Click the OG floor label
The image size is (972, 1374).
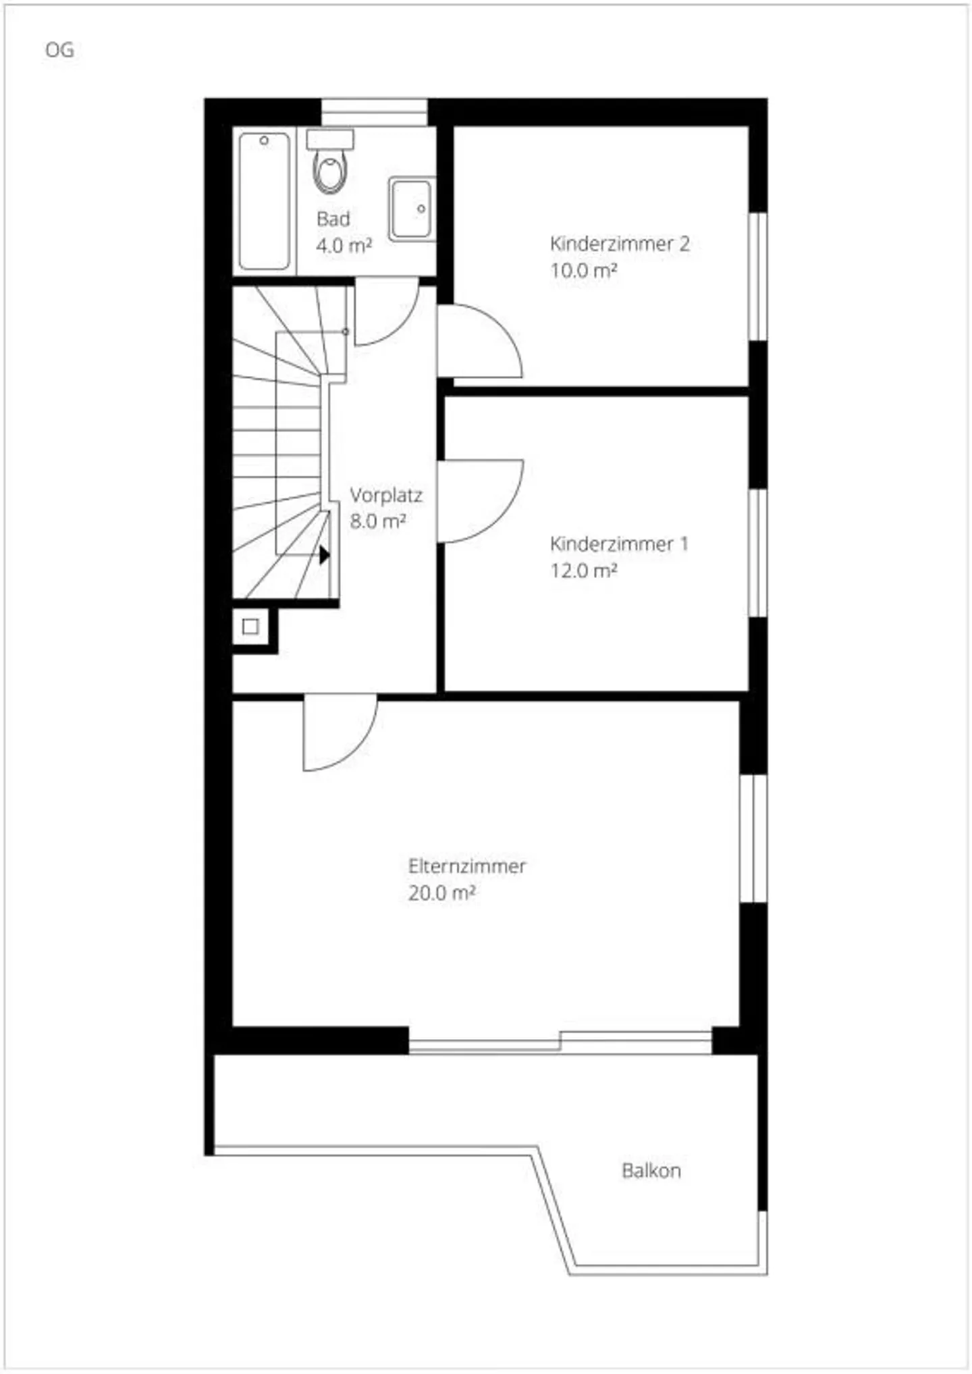coord(59,50)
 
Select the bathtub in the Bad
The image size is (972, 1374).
coord(265,201)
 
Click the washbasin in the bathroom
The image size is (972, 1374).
coord(411,208)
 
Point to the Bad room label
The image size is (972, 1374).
coord(333,219)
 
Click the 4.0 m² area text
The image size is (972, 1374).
coord(344,245)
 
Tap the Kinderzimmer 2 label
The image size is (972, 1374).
coord(620,244)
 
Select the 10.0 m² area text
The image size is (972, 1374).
coord(584,271)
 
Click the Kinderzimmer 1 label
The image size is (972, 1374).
coord(619,544)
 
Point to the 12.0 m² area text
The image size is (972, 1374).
coord(584,571)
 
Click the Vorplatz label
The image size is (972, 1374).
coord(386,495)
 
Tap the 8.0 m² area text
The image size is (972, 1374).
coord(377,521)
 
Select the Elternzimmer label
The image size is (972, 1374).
coord(467,866)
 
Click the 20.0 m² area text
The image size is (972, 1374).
coord(442,893)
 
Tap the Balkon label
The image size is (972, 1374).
coord(651,1170)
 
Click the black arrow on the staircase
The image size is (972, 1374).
coord(325,555)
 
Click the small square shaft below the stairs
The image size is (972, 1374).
coord(250,627)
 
